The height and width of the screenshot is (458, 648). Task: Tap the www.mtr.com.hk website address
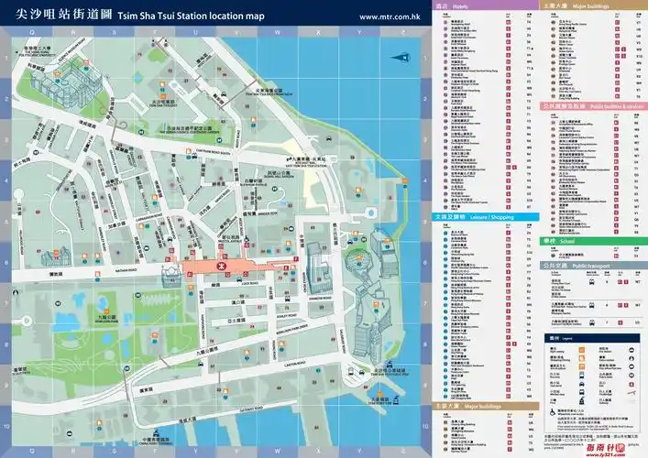point(390,16)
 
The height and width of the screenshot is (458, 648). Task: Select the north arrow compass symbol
point(401,57)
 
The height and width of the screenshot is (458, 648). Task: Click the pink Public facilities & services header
point(587,106)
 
